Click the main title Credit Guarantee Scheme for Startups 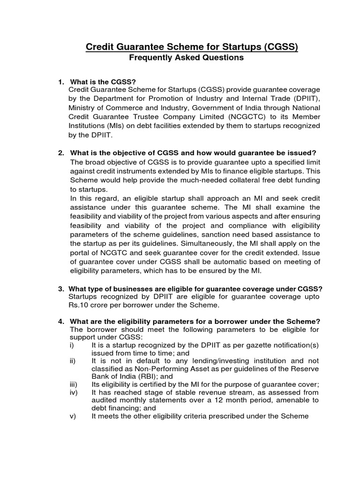tap(192, 46)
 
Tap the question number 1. tap(60, 82)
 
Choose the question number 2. tap(60, 153)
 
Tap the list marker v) tap(72, 416)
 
